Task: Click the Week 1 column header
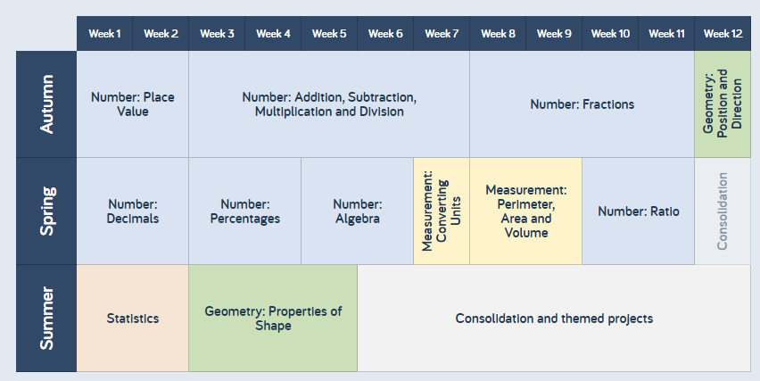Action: point(104,33)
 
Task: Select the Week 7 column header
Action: point(442,33)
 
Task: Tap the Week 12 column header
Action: point(723,33)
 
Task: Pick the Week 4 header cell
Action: point(273,33)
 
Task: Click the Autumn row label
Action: point(46,104)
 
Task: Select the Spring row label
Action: point(46,211)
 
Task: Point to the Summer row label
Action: point(46,319)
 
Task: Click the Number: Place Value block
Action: point(133,104)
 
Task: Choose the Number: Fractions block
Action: point(582,104)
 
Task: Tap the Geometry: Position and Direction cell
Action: point(723,104)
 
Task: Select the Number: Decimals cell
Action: point(133,211)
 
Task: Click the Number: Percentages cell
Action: point(245,211)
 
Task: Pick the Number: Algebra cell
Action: point(357,211)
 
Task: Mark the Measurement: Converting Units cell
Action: point(442,211)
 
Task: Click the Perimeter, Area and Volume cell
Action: point(526,211)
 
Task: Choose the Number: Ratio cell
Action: point(639,211)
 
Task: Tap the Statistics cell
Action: point(133,319)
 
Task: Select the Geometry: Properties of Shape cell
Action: point(273,319)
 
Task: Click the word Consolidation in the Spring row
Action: point(723,211)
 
